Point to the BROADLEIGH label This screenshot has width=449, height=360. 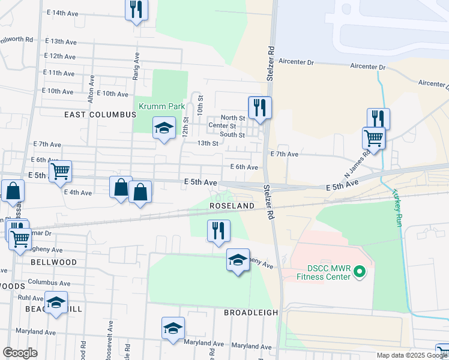click(x=251, y=313)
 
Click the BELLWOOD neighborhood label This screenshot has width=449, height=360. click(x=54, y=262)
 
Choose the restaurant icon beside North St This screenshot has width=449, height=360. click(x=260, y=108)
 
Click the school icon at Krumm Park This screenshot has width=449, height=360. click(x=164, y=128)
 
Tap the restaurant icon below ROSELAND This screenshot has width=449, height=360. click(x=218, y=230)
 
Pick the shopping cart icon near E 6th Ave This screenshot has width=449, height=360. click(x=60, y=172)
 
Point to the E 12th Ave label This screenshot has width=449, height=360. click(x=59, y=56)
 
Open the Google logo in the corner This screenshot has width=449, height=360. click(x=20, y=353)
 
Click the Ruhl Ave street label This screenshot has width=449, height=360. click(x=29, y=298)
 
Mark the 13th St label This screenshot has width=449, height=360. click(x=207, y=143)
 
